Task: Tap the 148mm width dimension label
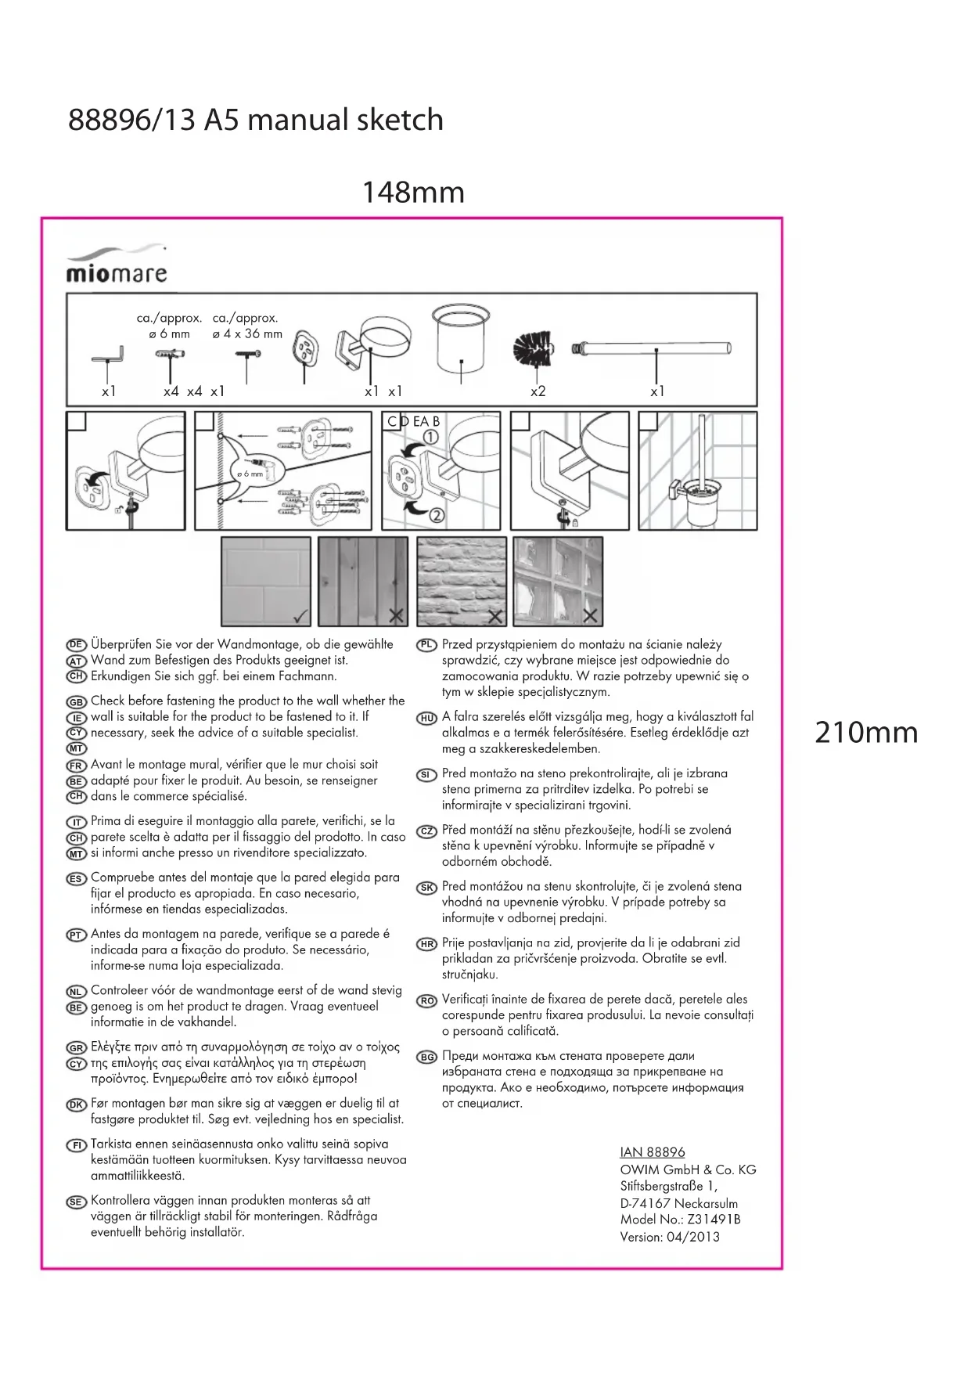click(x=413, y=193)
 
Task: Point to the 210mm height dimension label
click(x=866, y=733)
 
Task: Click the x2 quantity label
click(x=538, y=391)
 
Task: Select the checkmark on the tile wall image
click(x=300, y=616)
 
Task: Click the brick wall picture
click(x=462, y=581)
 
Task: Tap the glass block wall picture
click(x=558, y=581)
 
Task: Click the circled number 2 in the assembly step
click(x=436, y=514)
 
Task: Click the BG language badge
click(x=426, y=1058)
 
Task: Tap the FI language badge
click(x=76, y=1145)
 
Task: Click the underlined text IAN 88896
click(x=652, y=1152)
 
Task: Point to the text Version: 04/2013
click(x=669, y=1237)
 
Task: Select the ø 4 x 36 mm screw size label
click(x=247, y=334)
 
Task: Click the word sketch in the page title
click(x=400, y=120)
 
